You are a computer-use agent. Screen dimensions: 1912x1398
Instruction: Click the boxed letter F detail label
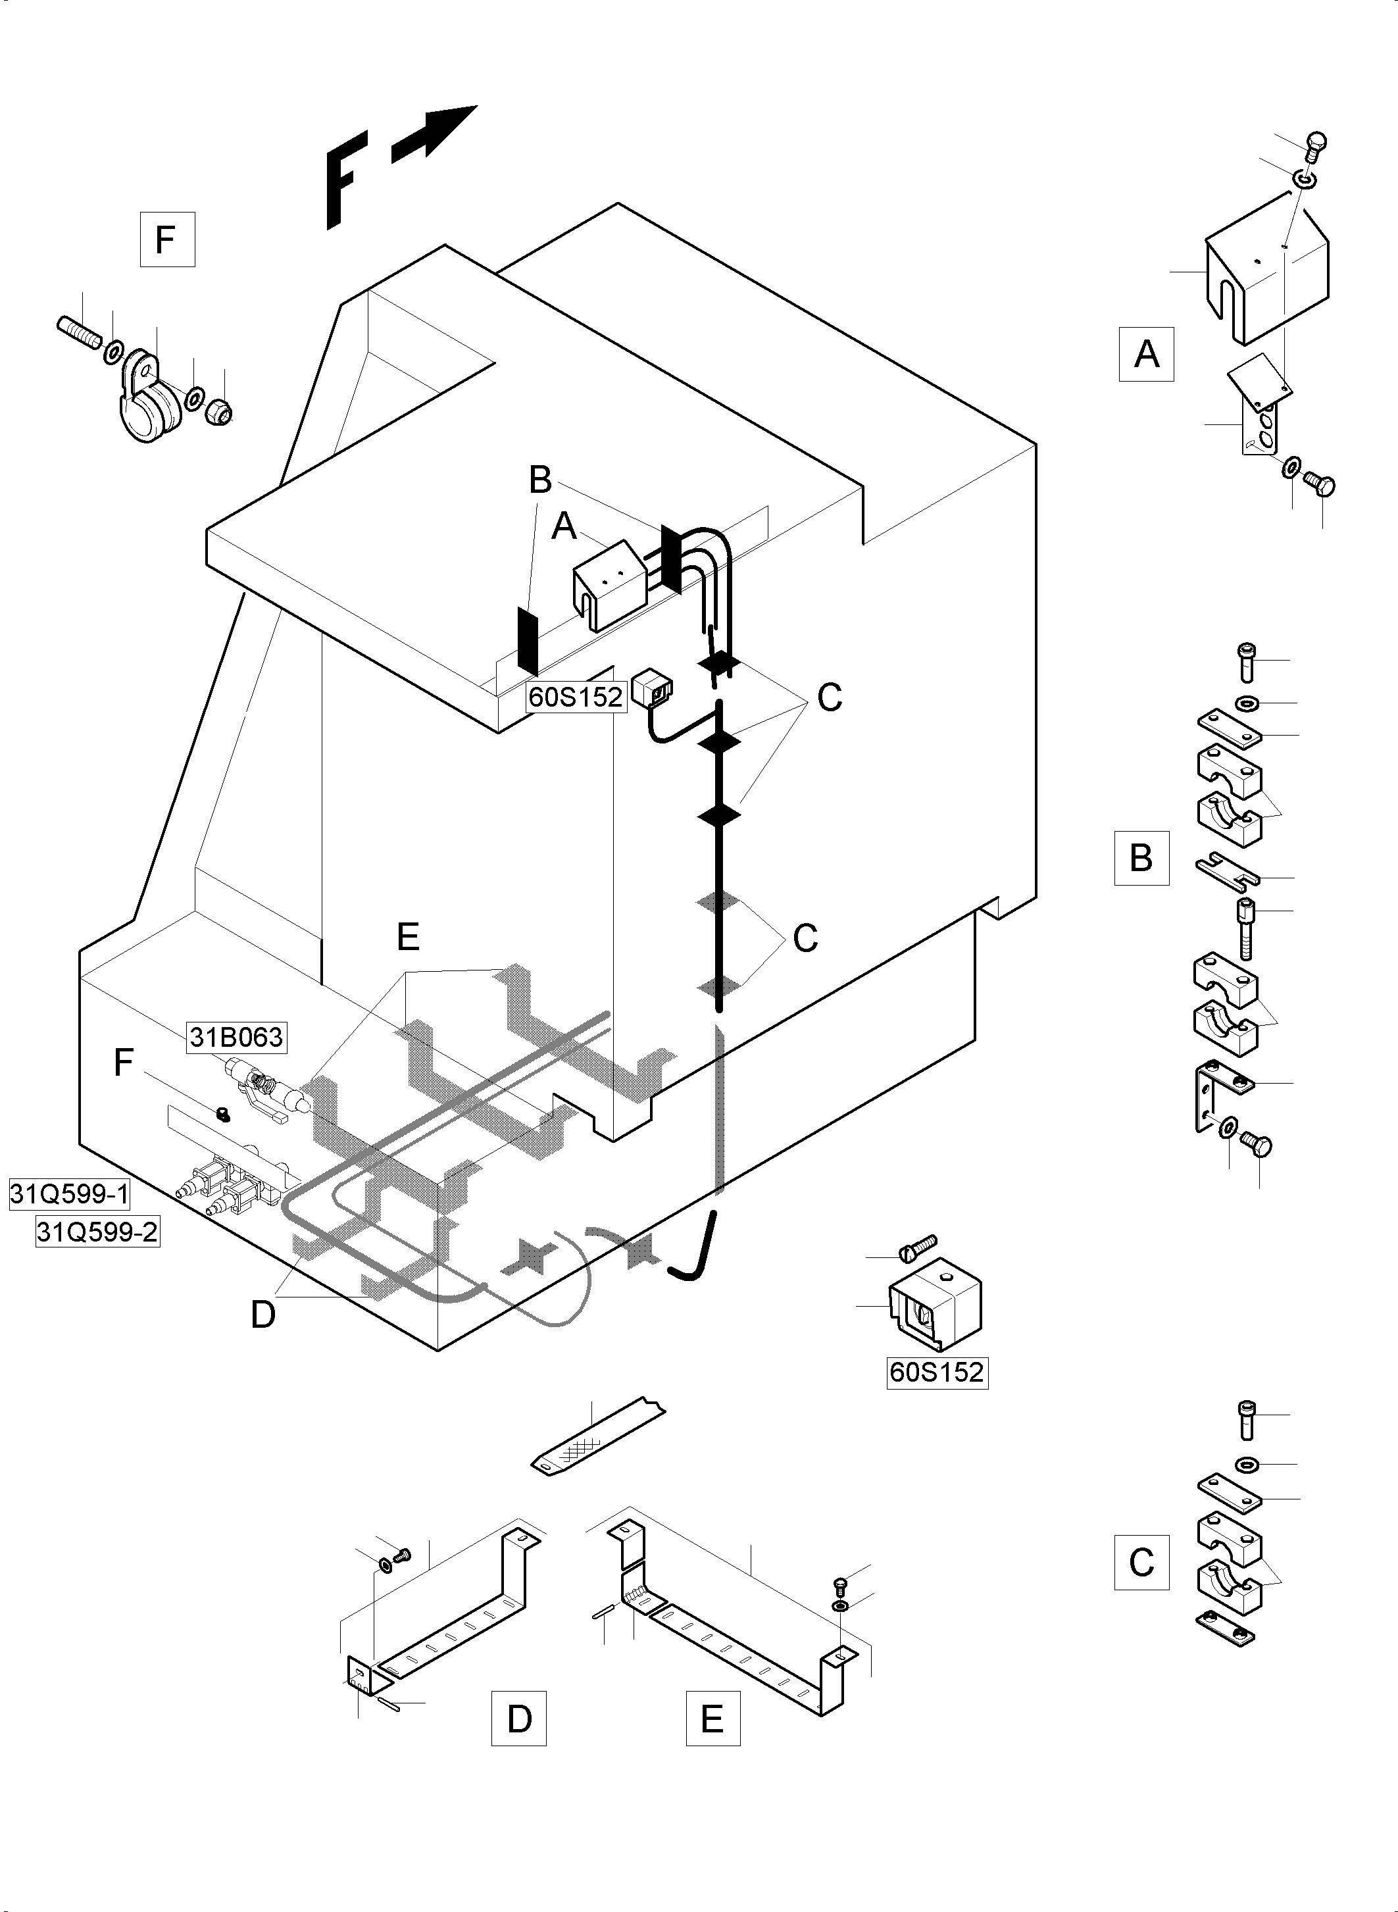tap(166, 239)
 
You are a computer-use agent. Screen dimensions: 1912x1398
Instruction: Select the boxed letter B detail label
tap(1141, 858)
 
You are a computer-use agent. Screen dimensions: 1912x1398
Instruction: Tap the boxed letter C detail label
tap(1141, 1561)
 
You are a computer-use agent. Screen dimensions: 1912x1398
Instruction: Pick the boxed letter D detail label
tap(519, 1718)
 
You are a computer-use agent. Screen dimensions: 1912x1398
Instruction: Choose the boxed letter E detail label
tap(712, 1718)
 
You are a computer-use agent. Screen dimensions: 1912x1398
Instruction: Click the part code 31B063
tap(236, 1037)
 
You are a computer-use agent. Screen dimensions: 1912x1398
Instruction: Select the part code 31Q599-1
tap(69, 1194)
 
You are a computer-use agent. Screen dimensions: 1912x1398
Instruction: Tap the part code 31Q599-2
tap(97, 1232)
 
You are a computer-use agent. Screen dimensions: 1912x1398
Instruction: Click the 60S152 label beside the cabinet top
tap(576, 697)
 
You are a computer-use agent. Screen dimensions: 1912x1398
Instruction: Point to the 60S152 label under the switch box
tap(937, 1371)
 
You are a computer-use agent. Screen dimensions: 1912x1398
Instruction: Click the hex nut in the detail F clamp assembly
tap(219, 411)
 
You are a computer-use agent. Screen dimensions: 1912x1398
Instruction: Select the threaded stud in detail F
tap(80, 331)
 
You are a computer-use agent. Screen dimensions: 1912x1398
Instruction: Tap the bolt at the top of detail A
tap(1314, 147)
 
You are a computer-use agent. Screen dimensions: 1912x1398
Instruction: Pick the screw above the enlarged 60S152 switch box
tap(916, 1246)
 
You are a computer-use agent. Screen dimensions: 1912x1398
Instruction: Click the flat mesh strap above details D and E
tap(597, 1436)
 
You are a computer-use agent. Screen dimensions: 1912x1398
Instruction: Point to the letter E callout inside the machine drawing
tap(408, 937)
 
